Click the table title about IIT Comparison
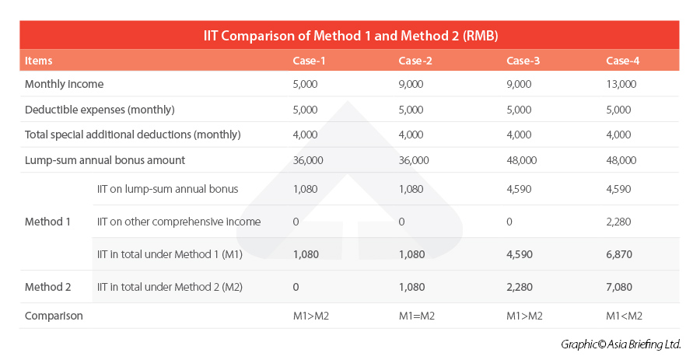click(x=350, y=36)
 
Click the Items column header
click(x=39, y=61)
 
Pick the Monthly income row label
click(x=64, y=84)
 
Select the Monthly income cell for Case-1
click(x=305, y=84)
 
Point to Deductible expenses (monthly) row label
click(x=100, y=110)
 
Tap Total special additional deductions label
click(x=133, y=135)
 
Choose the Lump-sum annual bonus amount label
click(x=105, y=160)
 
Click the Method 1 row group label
click(x=47, y=222)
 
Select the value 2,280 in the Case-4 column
click(x=618, y=222)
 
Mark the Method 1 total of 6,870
click(x=620, y=254)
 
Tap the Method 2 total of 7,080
click(x=620, y=287)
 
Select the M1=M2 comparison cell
click(x=417, y=316)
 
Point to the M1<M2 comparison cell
click(x=624, y=316)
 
